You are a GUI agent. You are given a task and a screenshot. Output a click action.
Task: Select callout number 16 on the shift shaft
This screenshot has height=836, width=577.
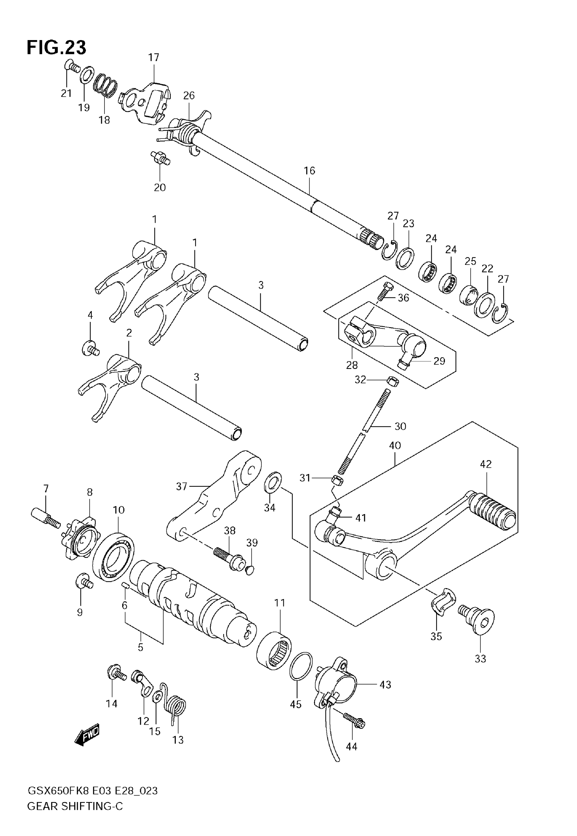pyautogui.click(x=310, y=171)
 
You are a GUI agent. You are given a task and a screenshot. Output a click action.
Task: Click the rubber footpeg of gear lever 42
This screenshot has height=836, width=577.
pyautogui.click(x=494, y=512)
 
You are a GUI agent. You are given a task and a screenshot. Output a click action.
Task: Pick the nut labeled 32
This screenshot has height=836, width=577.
pyautogui.click(x=393, y=380)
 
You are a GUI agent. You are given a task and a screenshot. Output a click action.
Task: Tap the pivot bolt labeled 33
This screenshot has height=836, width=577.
pyautogui.click(x=477, y=619)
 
